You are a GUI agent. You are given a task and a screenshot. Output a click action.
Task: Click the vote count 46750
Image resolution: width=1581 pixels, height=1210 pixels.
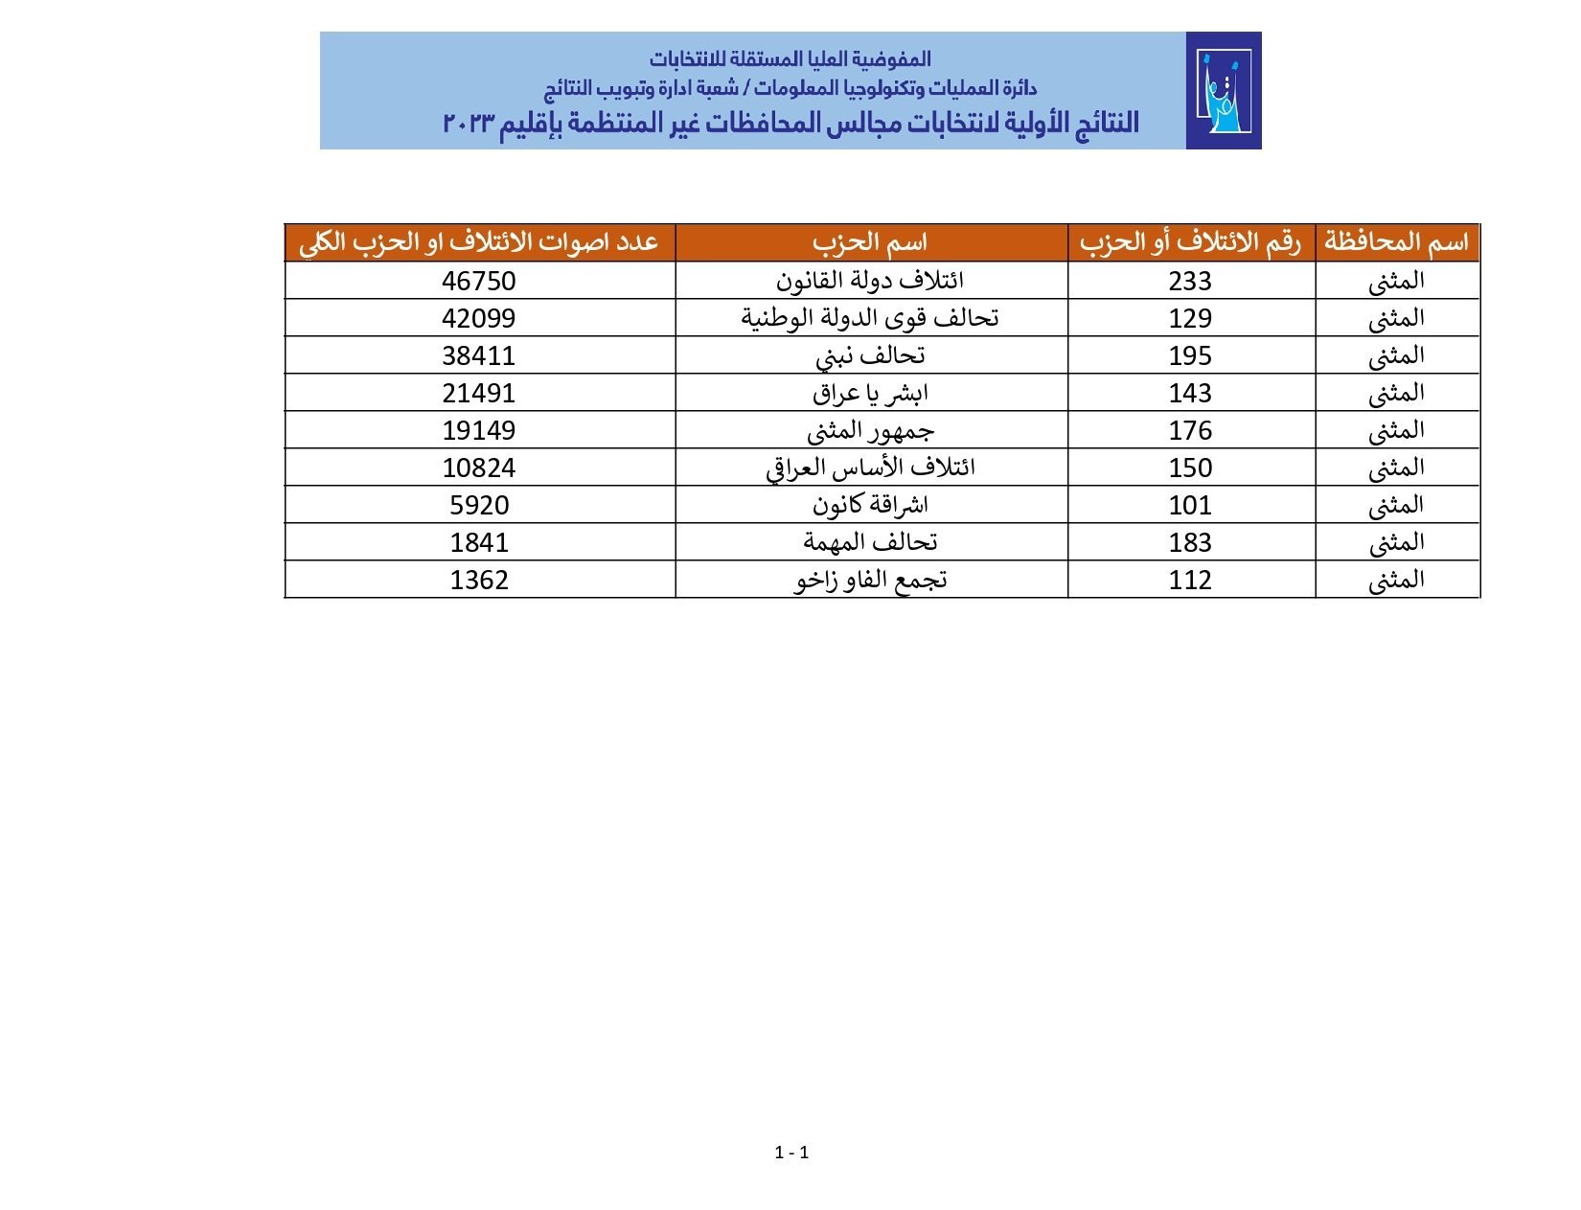click(478, 281)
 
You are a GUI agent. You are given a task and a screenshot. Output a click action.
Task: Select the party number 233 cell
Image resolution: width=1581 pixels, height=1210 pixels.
click(1190, 281)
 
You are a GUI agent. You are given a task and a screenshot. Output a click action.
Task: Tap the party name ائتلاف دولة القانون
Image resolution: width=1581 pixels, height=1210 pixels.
click(870, 280)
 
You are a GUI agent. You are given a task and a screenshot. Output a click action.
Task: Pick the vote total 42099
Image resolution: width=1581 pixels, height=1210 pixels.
click(478, 318)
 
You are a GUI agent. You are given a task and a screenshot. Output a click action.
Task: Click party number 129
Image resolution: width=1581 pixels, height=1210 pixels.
click(1190, 318)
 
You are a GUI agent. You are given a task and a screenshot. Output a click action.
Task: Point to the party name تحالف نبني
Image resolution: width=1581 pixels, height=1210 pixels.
click(870, 355)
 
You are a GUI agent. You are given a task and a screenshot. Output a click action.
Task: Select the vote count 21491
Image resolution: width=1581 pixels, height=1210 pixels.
click(478, 393)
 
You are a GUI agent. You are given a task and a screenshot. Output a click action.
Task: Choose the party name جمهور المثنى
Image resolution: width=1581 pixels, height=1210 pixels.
click(870, 430)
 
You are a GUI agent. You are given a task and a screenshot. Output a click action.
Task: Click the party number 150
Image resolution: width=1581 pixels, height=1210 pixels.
click(1190, 468)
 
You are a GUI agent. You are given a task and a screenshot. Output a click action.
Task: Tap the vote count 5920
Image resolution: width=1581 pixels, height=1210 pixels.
click(478, 505)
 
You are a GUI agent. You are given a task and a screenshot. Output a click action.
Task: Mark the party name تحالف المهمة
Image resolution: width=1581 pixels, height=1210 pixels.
click(870, 542)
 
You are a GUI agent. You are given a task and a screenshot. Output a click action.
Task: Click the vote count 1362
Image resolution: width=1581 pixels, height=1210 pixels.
click(478, 580)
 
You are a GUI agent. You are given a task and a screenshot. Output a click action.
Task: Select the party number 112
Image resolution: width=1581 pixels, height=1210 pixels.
click(1190, 580)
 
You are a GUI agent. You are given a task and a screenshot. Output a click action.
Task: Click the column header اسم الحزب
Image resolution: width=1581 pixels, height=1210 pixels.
click(870, 242)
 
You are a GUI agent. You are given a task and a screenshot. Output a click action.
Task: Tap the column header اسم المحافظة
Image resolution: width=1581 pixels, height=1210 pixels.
click(1396, 242)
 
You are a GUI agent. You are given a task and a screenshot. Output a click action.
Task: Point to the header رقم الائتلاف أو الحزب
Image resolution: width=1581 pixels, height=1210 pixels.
click(1190, 242)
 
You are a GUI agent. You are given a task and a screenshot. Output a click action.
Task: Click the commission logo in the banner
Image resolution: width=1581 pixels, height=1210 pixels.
click(1224, 91)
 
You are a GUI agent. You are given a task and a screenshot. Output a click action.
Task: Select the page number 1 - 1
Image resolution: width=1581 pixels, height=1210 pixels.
click(791, 1153)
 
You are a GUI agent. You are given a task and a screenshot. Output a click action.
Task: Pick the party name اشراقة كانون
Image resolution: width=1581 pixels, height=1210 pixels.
click(870, 505)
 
